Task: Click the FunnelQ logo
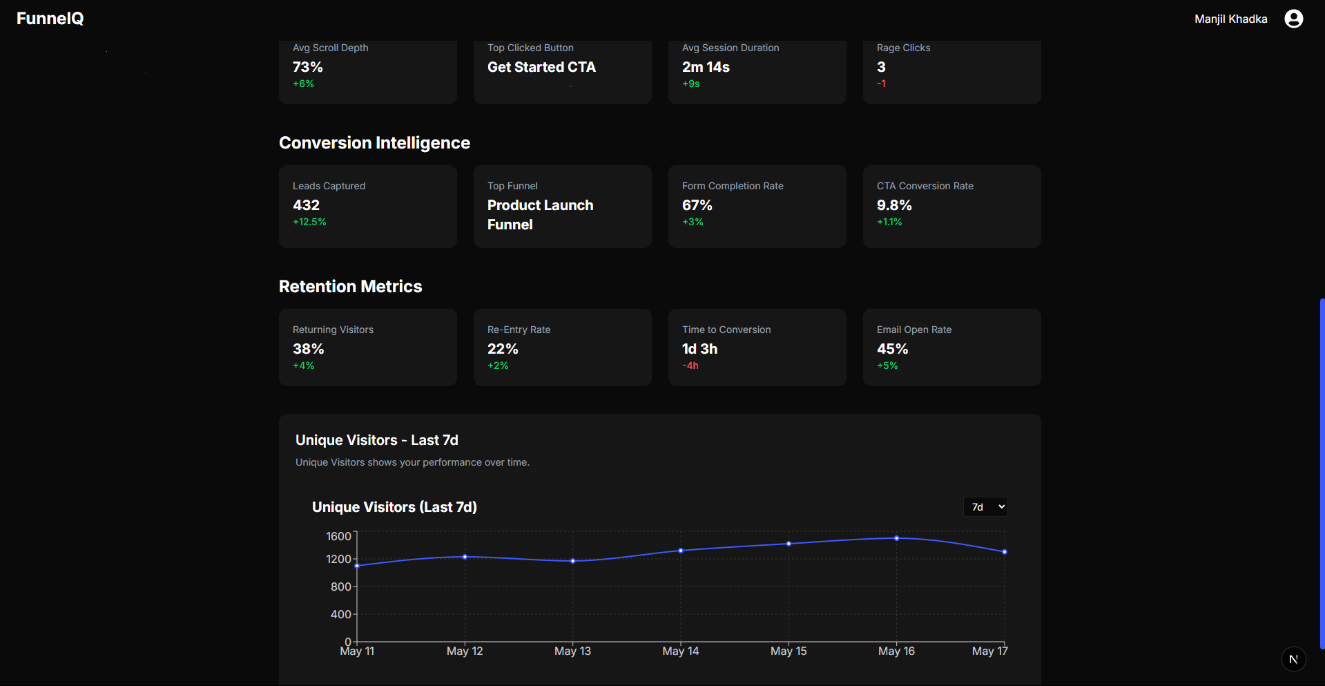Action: [50, 19]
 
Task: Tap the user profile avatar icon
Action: [1293, 19]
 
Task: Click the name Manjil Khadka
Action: [1230, 19]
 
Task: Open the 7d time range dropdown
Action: [985, 507]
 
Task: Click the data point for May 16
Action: [896, 538]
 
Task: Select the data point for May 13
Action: [572, 561]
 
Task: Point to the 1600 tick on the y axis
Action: [338, 536]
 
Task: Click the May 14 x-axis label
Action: [680, 651]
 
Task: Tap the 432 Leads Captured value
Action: [306, 205]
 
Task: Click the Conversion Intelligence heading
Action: [374, 143]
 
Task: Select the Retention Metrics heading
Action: [350, 287]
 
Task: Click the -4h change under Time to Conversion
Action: [690, 365]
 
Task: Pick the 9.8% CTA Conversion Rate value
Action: [894, 205]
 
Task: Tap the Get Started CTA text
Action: [541, 67]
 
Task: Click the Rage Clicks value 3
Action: [881, 67]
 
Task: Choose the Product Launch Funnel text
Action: [540, 215]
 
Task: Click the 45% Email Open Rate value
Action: [892, 349]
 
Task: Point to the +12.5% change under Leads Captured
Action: [309, 222]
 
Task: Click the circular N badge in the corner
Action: [1293, 659]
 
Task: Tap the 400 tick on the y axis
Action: [340, 614]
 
